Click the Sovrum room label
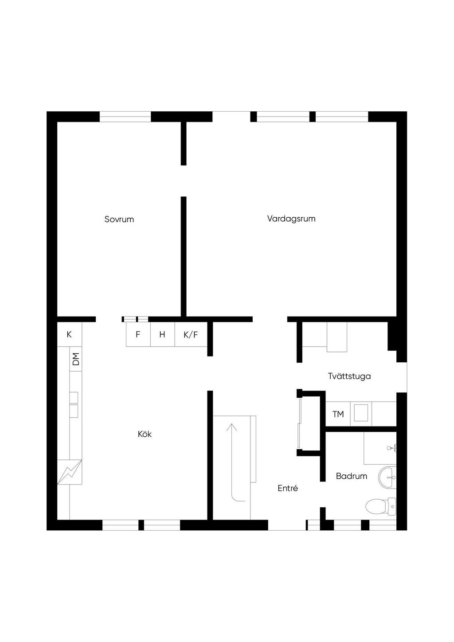click(119, 219)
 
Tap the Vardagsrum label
click(291, 219)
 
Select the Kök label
click(145, 434)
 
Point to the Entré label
click(288, 489)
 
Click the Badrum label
click(352, 476)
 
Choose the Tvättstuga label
click(349, 376)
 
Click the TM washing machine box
click(338, 414)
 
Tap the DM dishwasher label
click(76, 359)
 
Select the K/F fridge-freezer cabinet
click(191, 334)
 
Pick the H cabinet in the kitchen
click(163, 334)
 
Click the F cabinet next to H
click(138, 334)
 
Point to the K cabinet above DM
click(69, 334)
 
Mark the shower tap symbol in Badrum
click(392, 448)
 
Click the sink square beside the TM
click(361, 413)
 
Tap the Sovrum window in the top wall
click(125, 117)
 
